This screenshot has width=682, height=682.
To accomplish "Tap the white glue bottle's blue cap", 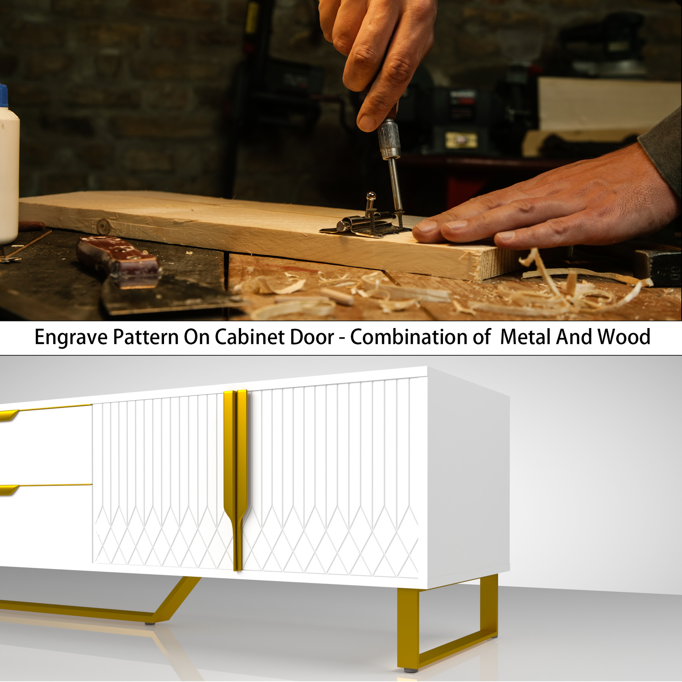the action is pos(3,96).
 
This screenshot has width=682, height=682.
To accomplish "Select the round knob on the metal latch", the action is pos(371,196).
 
